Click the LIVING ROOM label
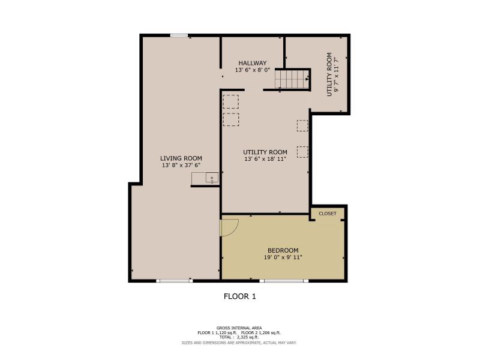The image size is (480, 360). tap(181, 158)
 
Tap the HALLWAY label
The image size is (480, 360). tap(253, 63)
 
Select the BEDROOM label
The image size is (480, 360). tap(283, 250)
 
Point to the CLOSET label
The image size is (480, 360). tap(328, 214)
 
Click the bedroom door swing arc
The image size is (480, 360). tap(236, 229)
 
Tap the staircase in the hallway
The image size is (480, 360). tap(292, 79)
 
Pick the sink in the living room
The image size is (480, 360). tap(212, 178)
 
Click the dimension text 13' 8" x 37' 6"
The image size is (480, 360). tap(181, 166)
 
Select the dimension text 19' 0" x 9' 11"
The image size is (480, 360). tap(283, 257)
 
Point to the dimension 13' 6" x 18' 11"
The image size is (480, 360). tap(265, 159)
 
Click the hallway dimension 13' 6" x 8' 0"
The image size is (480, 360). tap(253, 70)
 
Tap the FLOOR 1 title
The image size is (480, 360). tap(239, 296)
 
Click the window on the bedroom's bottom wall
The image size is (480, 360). tap(284, 280)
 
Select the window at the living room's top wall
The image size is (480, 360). tap(179, 35)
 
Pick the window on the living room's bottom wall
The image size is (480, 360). tap(174, 280)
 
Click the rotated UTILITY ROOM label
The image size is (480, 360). tap(329, 74)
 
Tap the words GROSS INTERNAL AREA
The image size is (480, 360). tap(239, 328)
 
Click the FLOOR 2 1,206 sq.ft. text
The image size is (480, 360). tap(261, 333)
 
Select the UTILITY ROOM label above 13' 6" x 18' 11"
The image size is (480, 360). tap(265, 152)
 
